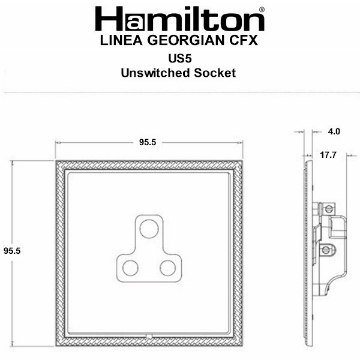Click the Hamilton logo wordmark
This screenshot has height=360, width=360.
coord(180,19)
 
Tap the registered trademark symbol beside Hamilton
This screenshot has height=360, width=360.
coord(262,10)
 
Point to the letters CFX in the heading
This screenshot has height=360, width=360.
coord(244,40)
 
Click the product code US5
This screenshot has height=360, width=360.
coord(180,58)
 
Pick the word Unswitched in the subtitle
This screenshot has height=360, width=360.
coord(155,73)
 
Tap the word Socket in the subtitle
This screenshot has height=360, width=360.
coord(215,73)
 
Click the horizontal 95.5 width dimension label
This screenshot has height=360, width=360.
coord(148,142)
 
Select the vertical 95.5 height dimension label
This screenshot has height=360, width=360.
coord(12,251)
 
